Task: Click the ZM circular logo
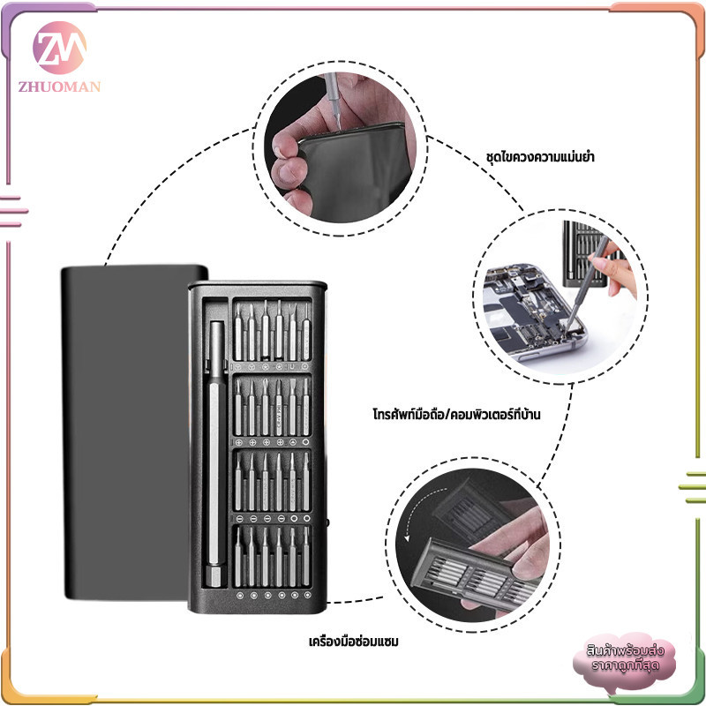tap(59, 48)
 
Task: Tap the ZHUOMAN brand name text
tap(59, 86)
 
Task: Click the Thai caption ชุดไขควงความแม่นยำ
tap(540, 157)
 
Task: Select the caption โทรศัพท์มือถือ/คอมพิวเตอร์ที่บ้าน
tap(456, 414)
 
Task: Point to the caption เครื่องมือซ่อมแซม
tap(354, 642)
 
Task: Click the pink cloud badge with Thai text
tap(625, 659)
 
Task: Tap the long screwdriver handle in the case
tap(216, 454)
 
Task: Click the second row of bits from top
tap(272, 407)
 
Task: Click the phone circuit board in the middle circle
tap(529, 311)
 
